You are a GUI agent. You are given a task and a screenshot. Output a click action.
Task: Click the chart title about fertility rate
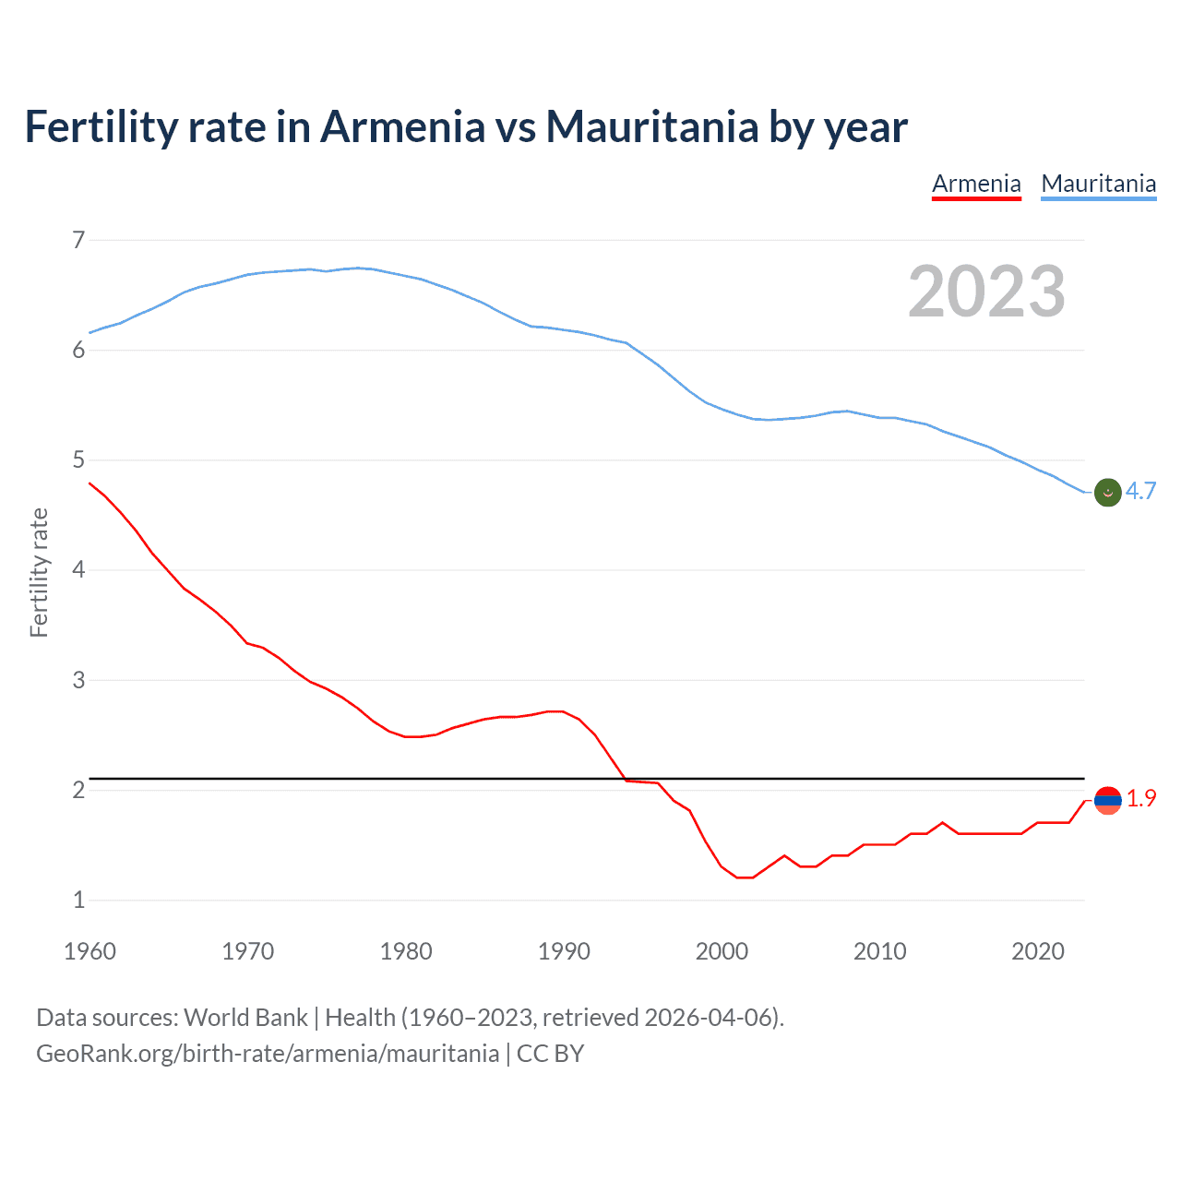pyautogui.click(x=466, y=126)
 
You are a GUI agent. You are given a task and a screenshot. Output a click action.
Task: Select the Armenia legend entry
pyautogui.click(x=976, y=184)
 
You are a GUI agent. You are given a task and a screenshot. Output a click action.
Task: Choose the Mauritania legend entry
pyautogui.click(x=1098, y=184)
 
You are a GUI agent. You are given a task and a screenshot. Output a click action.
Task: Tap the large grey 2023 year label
pyautogui.click(x=986, y=292)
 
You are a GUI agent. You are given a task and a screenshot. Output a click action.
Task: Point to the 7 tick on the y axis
pyautogui.click(x=78, y=241)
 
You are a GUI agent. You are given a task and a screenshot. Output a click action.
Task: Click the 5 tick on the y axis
pyautogui.click(x=78, y=460)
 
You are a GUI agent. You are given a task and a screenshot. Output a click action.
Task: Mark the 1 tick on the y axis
pyautogui.click(x=78, y=900)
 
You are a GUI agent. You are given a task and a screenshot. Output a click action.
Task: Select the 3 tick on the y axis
pyautogui.click(x=78, y=680)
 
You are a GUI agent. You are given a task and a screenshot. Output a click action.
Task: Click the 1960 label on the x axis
pyautogui.click(x=89, y=951)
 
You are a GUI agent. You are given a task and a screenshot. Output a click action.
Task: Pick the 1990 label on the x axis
pyautogui.click(x=564, y=951)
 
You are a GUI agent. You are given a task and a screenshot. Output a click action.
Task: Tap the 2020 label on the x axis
pyautogui.click(x=1038, y=951)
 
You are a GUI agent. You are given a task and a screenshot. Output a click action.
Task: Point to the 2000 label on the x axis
pyautogui.click(x=722, y=951)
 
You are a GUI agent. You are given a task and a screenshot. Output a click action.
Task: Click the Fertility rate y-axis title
pyautogui.click(x=39, y=572)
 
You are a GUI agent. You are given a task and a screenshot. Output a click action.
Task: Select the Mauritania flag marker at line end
pyautogui.click(x=1107, y=493)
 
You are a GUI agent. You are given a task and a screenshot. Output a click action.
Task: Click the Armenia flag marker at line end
pyautogui.click(x=1107, y=800)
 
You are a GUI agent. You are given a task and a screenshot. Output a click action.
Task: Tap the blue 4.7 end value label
pyautogui.click(x=1140, y=491)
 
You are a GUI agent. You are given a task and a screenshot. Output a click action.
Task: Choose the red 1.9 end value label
pyautogui.click(x=1141, y=799)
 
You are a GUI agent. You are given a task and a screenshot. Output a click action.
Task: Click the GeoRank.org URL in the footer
pyautogui.click(x=268, y=1054)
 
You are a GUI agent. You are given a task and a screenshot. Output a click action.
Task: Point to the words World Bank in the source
pyautogui.click(x=245, y=1018)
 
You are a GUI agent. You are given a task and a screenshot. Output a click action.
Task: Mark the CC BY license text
pyautogui.click(x=550, y=1054)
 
